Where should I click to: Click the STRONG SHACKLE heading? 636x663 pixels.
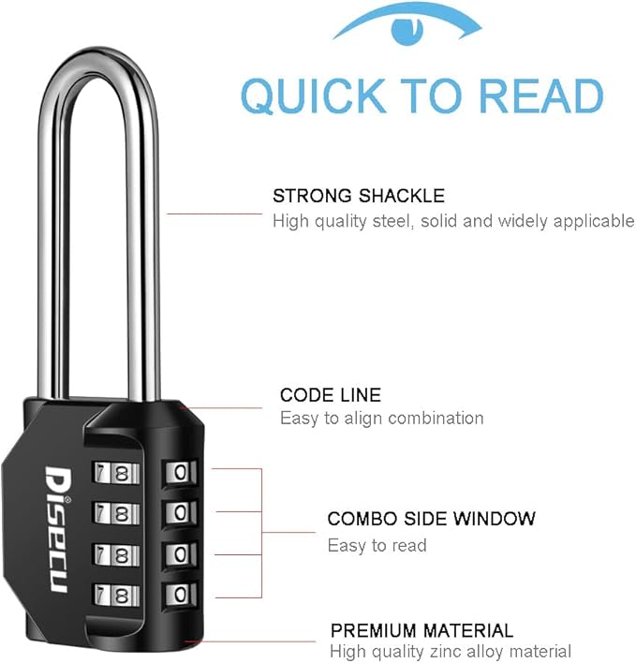tap(358, 196)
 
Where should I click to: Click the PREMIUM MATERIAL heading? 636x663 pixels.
tap(422, 630)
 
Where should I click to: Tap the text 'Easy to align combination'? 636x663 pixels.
tap(381, 419)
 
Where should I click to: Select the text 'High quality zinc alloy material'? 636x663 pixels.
tap(450, 651)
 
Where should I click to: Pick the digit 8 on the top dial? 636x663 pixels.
tap(121, 472)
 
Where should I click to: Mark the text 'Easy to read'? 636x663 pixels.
tap(377, 545)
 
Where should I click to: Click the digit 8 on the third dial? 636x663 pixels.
tap(121, 554)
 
